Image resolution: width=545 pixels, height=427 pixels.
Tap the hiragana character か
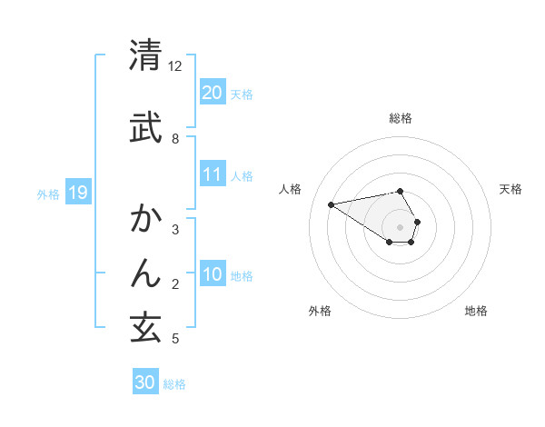[x=146, y=220]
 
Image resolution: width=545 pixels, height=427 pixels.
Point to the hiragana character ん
[x=146, y=273]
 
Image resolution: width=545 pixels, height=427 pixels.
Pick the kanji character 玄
[x=146, y=328]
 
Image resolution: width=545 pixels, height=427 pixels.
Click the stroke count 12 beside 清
[x=175, y=66]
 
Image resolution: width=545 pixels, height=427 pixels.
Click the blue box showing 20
[x=212, y=93]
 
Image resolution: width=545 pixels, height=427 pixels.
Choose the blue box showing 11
[x=212, y=174]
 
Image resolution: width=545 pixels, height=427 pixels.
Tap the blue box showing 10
[x=212, y=275]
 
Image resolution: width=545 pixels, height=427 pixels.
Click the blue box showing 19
[x=77, y=193]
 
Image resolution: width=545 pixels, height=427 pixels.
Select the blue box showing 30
[x=145, y=382]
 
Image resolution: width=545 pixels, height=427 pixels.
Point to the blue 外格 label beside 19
[x=48, y=194]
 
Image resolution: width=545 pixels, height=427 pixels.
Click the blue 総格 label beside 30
[x=174, y=384]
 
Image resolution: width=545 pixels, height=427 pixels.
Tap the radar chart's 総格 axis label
[x=401, y=118]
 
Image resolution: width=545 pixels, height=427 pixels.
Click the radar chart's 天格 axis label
[x=510, y=189]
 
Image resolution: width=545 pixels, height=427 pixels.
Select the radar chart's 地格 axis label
[x=476, y=311]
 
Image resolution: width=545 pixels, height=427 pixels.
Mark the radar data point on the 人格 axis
[x=332, y=204]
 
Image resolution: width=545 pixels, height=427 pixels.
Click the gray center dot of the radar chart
[x=401, y=226]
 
